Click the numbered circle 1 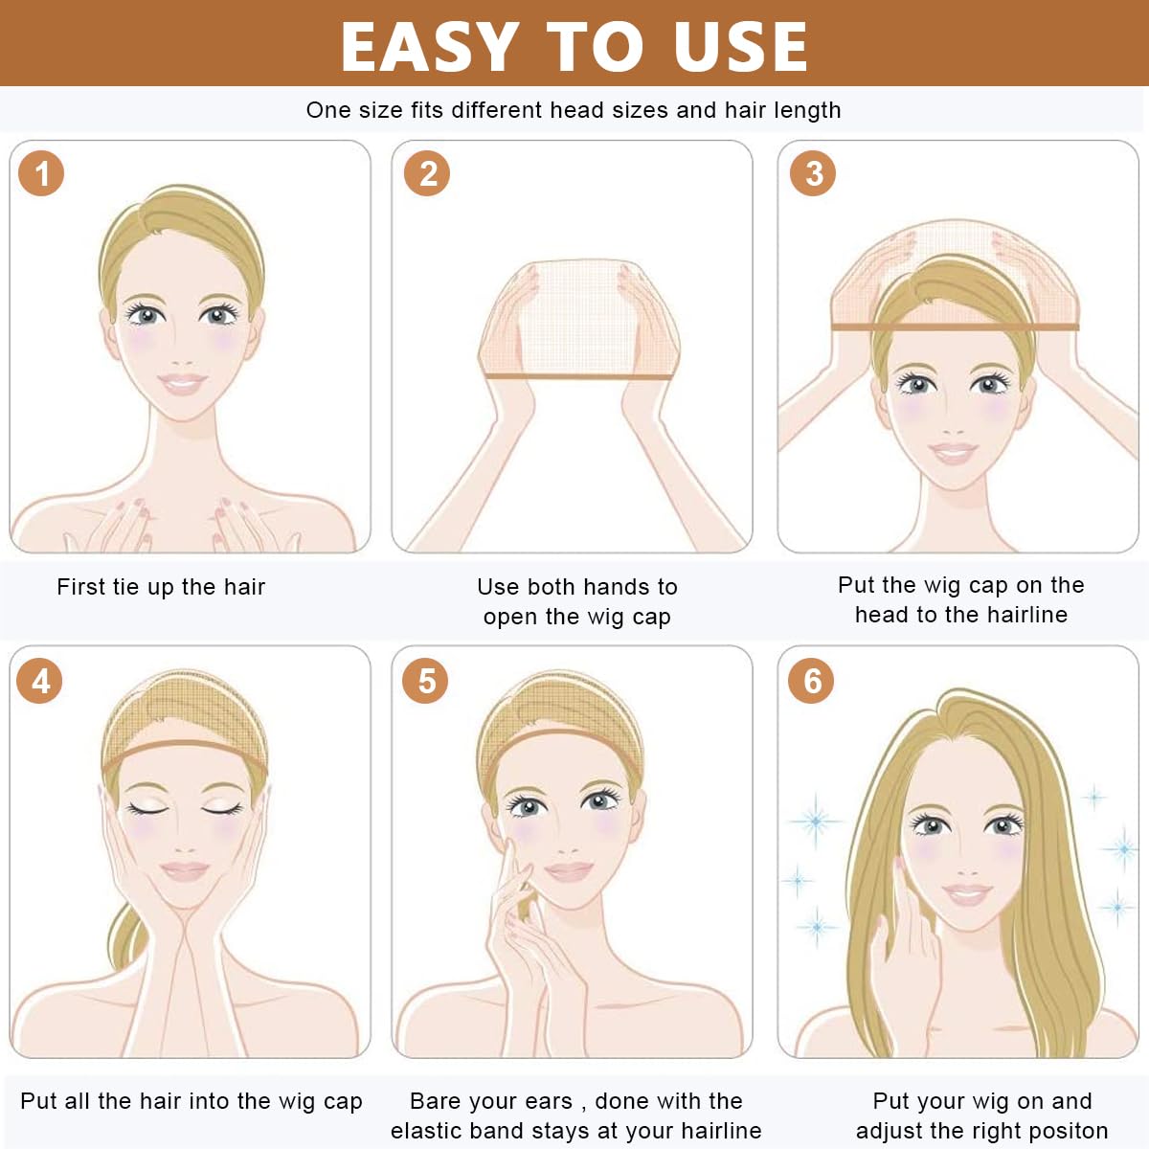(x=41, y=173)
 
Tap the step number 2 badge (x=427, y=173)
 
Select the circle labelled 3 (x=813, y=173)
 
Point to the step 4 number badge (x=39, y=681)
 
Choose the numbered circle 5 (x=425, y=681)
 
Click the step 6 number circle (x=811, y=681)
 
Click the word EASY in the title (x=429, y=47)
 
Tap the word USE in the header (x=740, y=47)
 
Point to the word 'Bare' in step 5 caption (x=433, y=1101)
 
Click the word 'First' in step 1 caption (x=80, y=587)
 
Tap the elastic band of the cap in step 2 (x=578, y=376)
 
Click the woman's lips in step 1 (x=183, y=383)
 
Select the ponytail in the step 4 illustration (x=126, y=938)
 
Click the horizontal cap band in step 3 (x=956, y=327)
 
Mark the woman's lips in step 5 (x=569, y=871)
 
